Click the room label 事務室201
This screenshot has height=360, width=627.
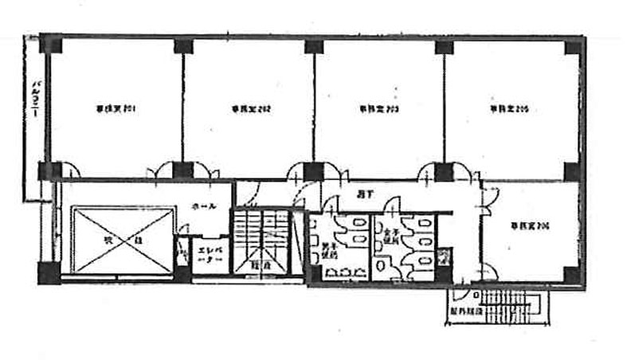point(115,108)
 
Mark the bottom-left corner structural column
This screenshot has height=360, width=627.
point(49,272)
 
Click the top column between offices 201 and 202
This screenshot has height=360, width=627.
point(183,45)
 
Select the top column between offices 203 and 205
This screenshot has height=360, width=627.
point(444,45)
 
